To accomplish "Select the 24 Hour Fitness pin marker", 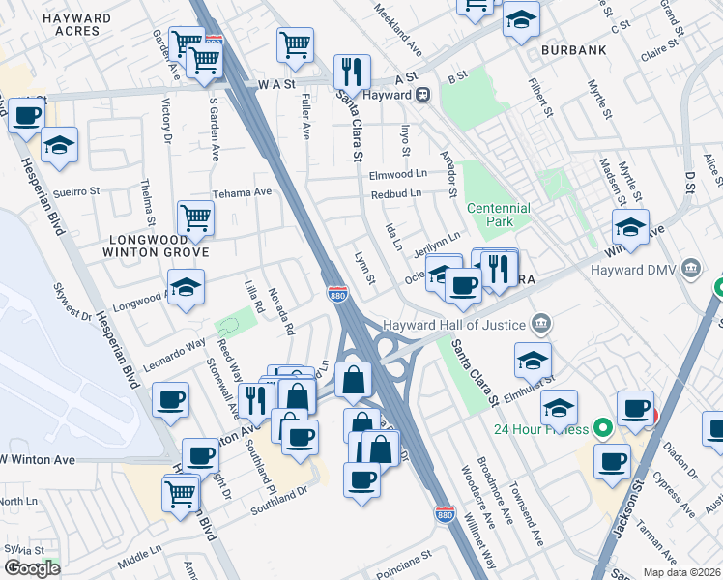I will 604,426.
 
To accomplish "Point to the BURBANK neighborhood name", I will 573,49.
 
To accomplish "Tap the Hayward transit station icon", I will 422,95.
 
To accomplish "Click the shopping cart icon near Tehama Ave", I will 195,218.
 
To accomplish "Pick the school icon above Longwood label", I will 186,287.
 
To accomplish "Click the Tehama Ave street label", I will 243,191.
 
